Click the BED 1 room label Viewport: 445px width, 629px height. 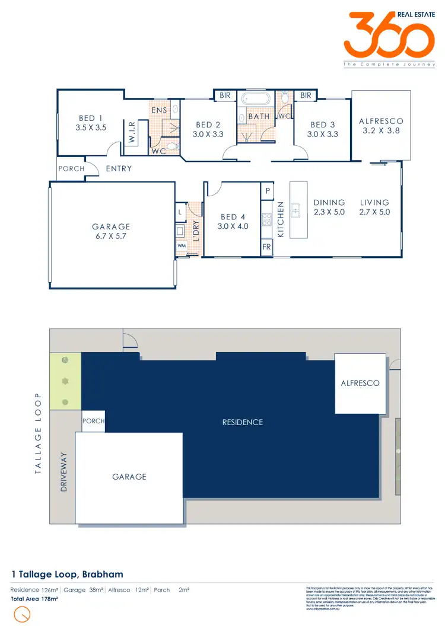pos(91,118)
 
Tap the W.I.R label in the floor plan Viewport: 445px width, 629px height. pos(131,131)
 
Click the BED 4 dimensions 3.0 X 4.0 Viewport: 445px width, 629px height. pos(233,226)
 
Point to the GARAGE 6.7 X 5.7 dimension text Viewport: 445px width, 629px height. pos(110,235)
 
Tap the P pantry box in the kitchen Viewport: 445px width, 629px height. pos(267,191)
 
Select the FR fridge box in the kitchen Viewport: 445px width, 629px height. pos(267,246)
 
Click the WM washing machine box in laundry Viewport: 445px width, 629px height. pos(181,245)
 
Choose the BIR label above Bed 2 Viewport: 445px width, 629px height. pos(225,95)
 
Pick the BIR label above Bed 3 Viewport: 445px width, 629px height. pos(306,95)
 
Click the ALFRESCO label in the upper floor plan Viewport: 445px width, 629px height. pos(381,121)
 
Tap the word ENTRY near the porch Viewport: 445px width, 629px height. pos(119,169)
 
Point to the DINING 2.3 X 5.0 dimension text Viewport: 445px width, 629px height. pos(329,212)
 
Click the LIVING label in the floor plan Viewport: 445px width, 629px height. pos(374,202)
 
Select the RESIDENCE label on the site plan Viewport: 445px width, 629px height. pos(242,422)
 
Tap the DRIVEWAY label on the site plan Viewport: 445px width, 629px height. pos(64,472)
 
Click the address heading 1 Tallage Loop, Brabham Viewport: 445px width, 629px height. pos(68,574)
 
